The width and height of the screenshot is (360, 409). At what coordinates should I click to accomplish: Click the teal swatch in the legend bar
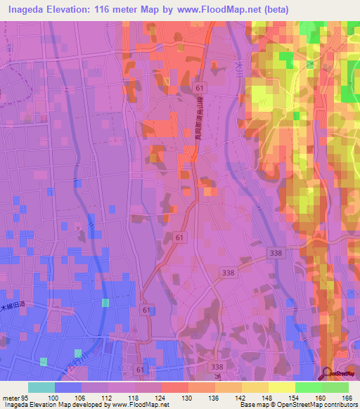(41, 387)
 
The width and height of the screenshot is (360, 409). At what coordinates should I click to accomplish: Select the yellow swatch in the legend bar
(281, 387)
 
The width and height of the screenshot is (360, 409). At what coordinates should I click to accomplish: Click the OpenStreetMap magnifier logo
(327, 372)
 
